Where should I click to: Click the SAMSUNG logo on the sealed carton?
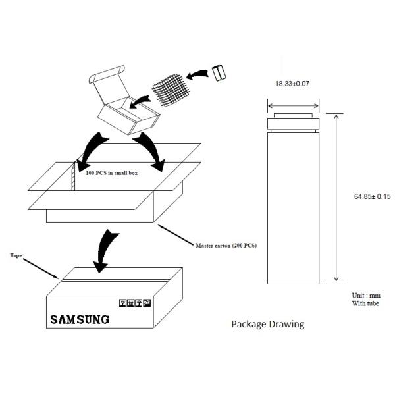tap(80, 319)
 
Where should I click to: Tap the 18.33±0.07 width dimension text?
tap(292, 84)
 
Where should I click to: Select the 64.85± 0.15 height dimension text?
tap(373, 196)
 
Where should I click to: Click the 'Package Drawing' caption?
tap(268, 324)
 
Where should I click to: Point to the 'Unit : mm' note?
tap(366, 295)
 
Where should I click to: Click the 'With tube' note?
tap(365, 303)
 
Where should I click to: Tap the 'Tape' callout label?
tap(16, 255)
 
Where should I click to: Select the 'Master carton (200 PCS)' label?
tap(226, 246)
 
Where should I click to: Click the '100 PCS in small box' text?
tap(112, 173)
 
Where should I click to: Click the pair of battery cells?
tap(219, 72)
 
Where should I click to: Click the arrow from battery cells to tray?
tap(197, 74)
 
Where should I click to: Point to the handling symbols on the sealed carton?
tap(135, 303)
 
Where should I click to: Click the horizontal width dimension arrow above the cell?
tap(293, 106)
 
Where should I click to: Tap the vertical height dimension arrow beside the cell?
tap(336, 197)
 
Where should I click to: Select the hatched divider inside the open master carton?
tap(73, 176)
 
